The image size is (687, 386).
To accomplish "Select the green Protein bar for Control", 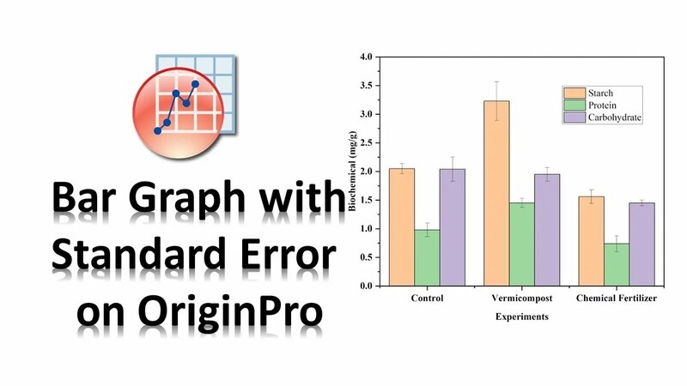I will coord(428,257).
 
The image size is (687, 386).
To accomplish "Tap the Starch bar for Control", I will coord(401,226).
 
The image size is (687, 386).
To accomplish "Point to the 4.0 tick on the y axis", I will coord(366,57).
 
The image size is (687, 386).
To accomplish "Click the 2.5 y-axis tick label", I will coord(366,142).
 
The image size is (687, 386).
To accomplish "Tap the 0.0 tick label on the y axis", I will coord(366,286).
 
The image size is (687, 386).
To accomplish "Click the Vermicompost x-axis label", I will coord(522,299).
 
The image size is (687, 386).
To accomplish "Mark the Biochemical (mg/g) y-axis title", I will coord(350,172).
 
